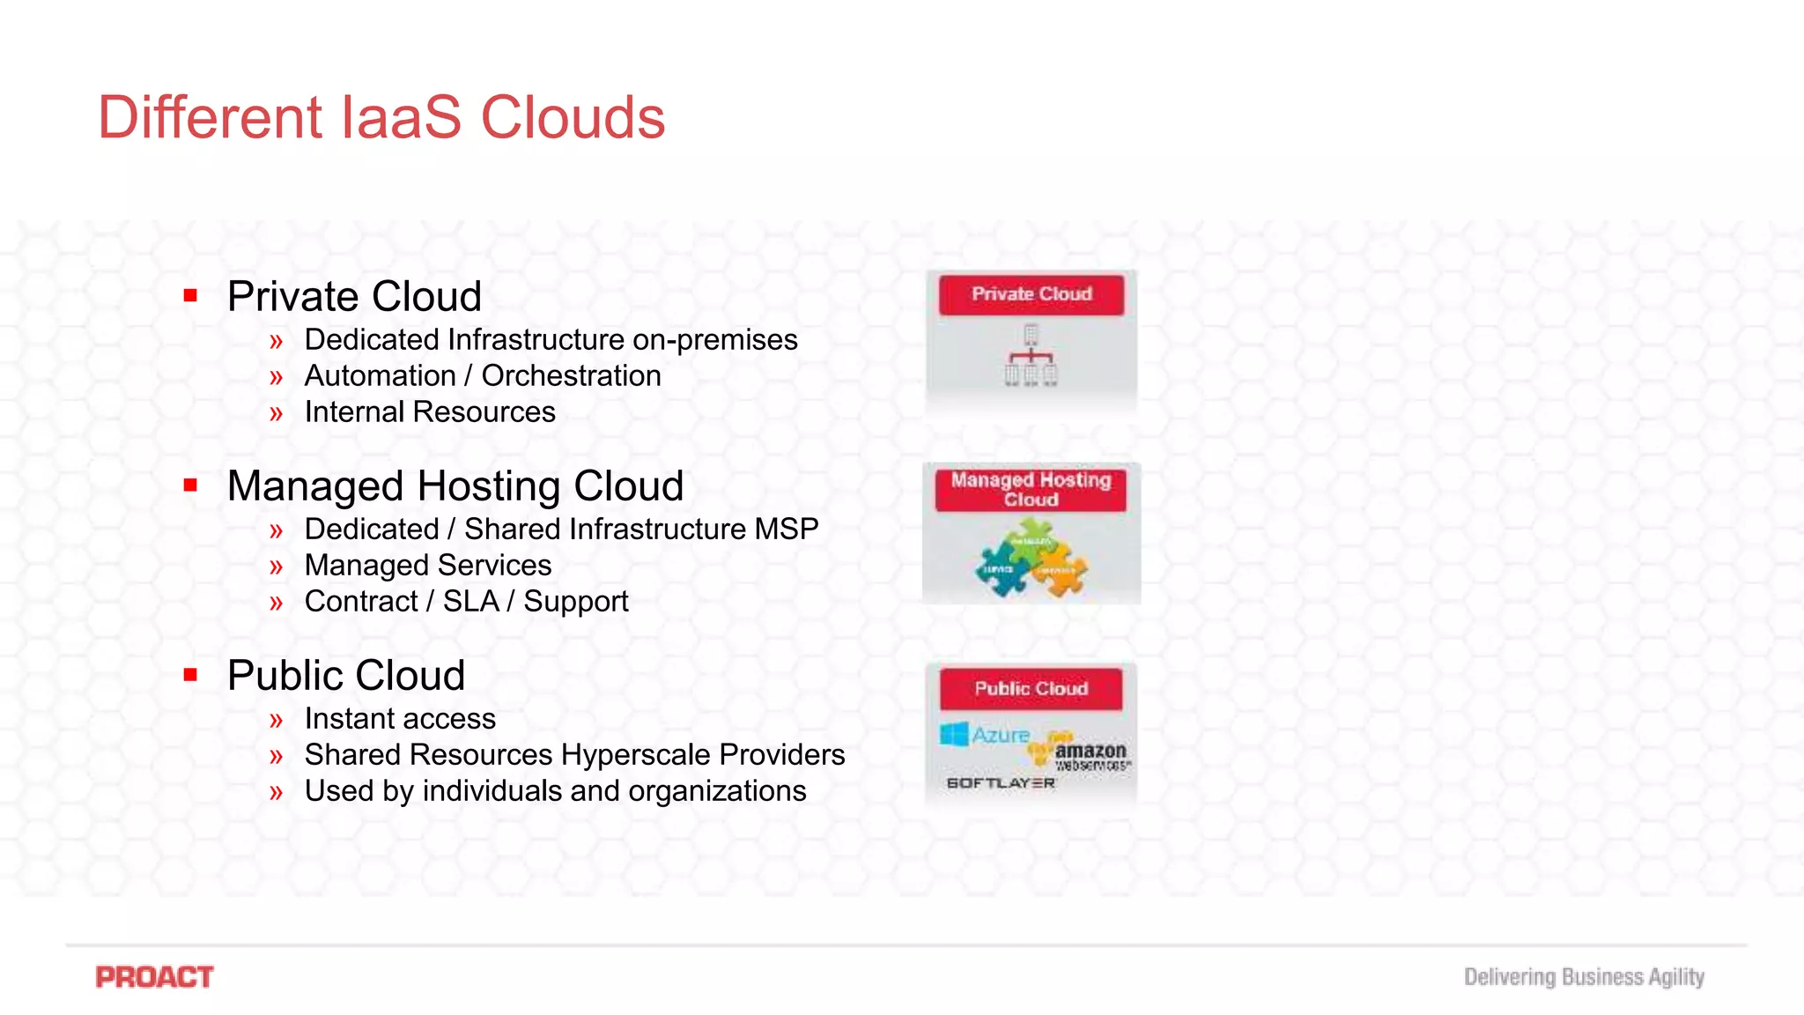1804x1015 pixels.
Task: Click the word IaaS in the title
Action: click(400, 117)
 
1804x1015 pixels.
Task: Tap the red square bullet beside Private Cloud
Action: click(190, 296)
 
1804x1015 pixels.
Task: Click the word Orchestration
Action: click(571, 376)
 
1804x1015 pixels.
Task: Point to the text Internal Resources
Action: click(430, 412)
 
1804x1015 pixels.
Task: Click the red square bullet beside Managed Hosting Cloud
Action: click(190, 485)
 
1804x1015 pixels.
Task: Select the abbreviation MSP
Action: click(786, 530)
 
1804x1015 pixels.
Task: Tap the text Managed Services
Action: click(428, 566)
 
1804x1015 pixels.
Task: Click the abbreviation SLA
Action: click(470, 602)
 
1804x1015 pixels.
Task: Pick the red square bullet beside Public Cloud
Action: click(190, 675)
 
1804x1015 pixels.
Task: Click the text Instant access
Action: click(400, 719)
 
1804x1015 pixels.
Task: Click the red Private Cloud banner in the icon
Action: click(1031, 294)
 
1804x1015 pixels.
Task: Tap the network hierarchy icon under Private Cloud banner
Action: click(1031, 356)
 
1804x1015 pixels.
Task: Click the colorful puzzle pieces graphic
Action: click(1031, 559)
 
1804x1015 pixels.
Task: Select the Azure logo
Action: click(985, 734)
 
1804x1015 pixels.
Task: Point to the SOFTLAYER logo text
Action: click(1000, 783)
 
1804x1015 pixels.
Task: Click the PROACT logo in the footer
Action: click(154, 977)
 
